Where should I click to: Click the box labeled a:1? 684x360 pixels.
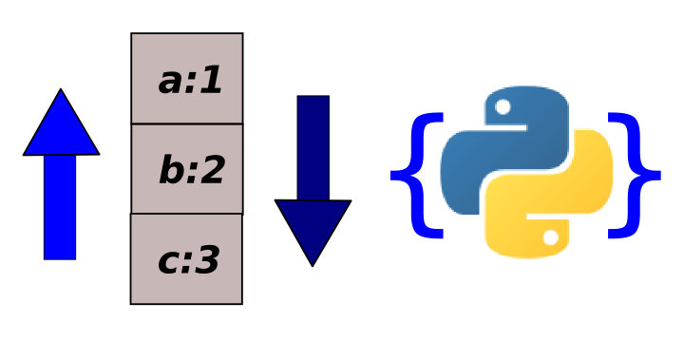186,78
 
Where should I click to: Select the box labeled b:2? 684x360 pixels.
186,168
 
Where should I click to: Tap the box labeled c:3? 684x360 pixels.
186,258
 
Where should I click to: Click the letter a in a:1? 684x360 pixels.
171,83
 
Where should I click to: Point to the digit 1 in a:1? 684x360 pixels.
212,82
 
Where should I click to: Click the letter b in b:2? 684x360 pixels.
171,171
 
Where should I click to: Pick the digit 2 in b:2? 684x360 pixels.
211,171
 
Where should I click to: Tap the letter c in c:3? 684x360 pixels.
170,262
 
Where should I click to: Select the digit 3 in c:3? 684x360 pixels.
207,260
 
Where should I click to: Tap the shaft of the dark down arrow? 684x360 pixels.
313,147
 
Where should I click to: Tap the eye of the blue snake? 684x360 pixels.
503,106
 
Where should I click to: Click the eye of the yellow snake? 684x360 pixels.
550,237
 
